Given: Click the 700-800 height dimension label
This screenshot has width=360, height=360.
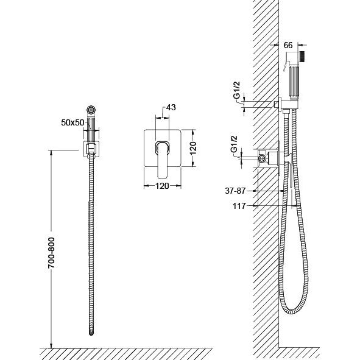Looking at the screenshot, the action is pyautogui.click(x=51, y=253).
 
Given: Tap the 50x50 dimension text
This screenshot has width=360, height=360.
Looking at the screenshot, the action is pyautogui.click(x=72, y=122).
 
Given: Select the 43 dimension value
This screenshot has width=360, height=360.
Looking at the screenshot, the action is pyautogui.click(x=171, y=107).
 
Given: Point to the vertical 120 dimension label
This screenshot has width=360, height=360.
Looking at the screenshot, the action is pyautogui.click(x=193, y=148).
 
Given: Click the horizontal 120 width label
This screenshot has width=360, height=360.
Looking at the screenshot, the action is pyautogui.click(x=162, y=186).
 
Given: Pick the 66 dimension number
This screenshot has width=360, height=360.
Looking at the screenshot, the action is pyautogui.click(x=288, y=45).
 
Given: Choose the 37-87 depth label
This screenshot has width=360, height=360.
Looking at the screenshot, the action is pyautogui.click(x=235, y=191).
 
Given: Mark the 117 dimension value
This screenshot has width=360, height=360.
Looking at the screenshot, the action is pyautogui.click(x=239, y=206).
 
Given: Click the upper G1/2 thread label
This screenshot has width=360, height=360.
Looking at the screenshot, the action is pyautogui.click(x=237, y=90).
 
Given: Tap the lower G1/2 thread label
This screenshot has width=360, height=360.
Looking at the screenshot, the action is pyautogui.click(x=234, y=144).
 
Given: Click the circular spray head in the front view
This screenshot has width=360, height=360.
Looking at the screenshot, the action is pyautogui.click(x=91, y=110).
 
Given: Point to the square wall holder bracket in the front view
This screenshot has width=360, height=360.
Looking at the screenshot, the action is pyautogui.click(x=91, y=149).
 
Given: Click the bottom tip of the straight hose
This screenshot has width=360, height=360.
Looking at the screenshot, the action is pyautogui.click(x=91, y=335).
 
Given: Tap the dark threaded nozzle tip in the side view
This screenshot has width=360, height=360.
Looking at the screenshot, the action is pyautogui.click(x=303, y=56).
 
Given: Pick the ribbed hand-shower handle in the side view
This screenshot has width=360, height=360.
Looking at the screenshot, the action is pyautogui.click(x=294, y=82).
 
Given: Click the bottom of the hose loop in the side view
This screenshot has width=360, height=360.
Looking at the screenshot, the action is pyautogui.click(x=292, y=312).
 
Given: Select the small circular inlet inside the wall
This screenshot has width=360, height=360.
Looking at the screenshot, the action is pyautogui.click(x=261, y=158).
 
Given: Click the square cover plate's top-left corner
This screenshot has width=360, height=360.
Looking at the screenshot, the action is pyautogui.click(x=144, y=130).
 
